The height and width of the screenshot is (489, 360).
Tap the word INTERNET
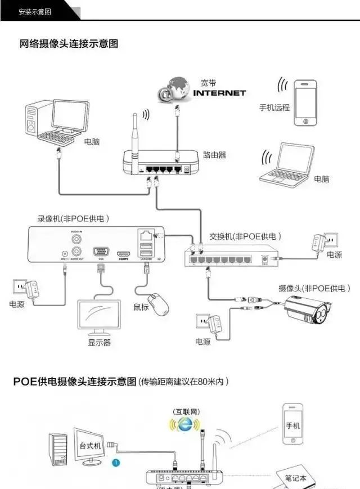point(219,93)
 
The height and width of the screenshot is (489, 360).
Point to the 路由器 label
point(214,155)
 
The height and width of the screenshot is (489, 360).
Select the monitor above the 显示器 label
point(99,317)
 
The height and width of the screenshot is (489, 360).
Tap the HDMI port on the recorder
point(124,254)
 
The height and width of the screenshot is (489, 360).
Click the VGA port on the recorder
point(101,253)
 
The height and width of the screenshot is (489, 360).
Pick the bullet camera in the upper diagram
point(310,311)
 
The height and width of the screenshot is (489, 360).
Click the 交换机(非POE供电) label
point(245,236)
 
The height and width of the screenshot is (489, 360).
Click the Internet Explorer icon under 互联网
point(184,425)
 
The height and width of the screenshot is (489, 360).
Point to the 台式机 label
point(88,444)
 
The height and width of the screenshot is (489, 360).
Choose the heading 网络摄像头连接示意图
point(69,43)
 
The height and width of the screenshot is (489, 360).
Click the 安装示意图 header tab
point(35,11)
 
